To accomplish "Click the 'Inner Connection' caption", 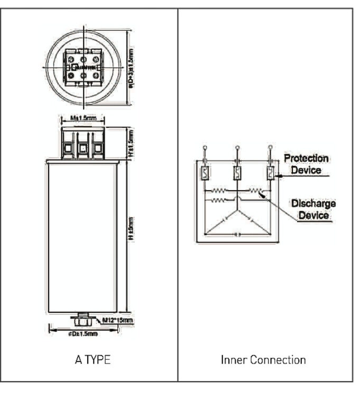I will click(263, 360).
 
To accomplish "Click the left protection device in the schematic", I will click(205, 173).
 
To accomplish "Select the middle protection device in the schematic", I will click(237, 173).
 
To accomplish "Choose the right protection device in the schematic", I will click(270, 173).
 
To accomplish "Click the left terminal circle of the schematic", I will click(205, 147).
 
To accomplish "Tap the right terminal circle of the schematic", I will click(270, 147).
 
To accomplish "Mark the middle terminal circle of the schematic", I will click(237, 147).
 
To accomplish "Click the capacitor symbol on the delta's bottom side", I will click(237, 233).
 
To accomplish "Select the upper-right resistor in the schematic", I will click(255, 190).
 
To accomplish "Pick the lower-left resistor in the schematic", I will click(219, 200).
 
